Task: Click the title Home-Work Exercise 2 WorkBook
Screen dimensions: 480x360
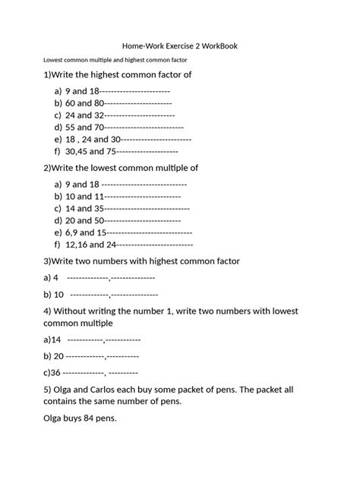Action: point(180,46)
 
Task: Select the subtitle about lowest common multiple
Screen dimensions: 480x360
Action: point(115,59)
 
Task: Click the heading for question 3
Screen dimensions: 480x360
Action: point(142,261)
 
